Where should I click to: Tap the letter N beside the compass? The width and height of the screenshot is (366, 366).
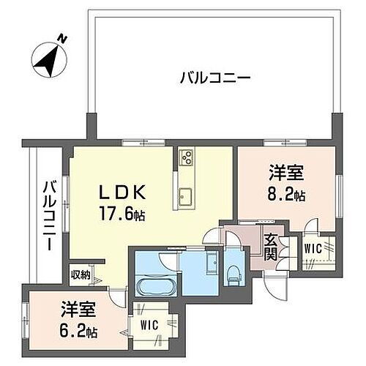(64, 38)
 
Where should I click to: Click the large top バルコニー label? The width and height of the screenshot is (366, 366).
(216, 78)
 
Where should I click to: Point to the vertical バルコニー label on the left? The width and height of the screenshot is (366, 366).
(48, 216)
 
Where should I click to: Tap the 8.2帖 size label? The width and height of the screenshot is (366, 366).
(285, 196)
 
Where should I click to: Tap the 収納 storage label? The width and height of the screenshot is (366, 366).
(81, 275)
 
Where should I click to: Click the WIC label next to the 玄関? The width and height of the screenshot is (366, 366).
(313, 248)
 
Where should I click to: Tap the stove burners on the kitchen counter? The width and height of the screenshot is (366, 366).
(187, 157)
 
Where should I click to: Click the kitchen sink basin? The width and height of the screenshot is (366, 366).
(186, 195)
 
